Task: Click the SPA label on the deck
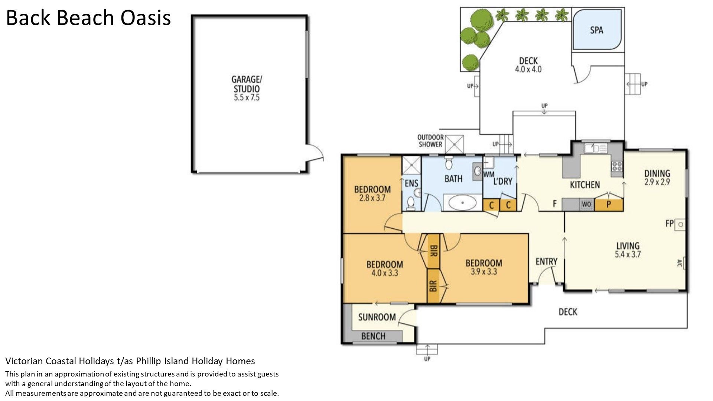pos(596,30)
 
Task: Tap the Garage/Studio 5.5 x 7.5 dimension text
pos(247,98)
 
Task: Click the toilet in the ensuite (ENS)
pos(411,203)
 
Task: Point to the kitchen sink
pos(595,149)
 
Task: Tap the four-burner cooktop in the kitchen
pos(617,166)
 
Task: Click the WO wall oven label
pos(586,204)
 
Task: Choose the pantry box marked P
pos(609,205)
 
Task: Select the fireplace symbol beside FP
pos(681,224)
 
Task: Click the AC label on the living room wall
pos(679,263)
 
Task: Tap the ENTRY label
pos(546,262)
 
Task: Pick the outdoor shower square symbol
pos(455,144)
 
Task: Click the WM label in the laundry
pos(489,174)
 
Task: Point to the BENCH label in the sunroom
pos(373,336)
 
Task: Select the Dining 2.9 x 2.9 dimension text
pos(657,182)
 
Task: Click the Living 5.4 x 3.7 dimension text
pos(628,254)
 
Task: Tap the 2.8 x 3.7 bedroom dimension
pos(372,198)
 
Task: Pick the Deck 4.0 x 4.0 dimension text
pos(528,69)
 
